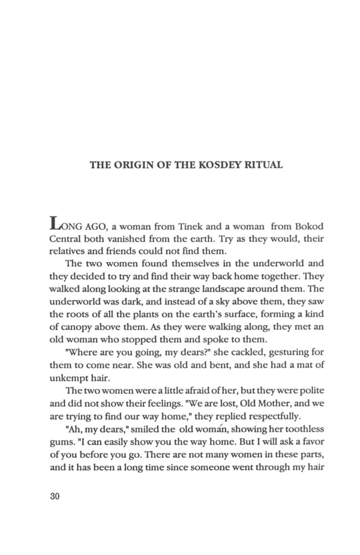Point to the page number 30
coord(54,496)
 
